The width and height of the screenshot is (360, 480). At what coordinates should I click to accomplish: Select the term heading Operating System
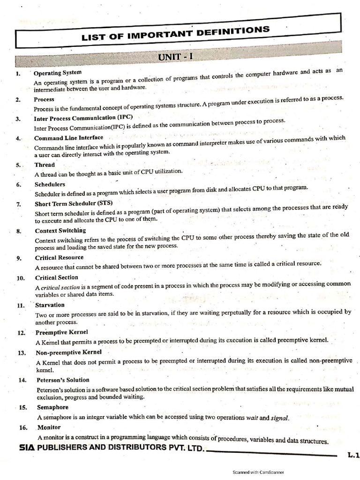(58, 73)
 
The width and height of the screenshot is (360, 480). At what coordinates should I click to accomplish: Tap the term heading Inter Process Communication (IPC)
(83, 118)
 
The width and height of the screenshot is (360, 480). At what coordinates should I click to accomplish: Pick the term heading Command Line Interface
(68, 138)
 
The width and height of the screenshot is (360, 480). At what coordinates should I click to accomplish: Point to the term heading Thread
(45, 165)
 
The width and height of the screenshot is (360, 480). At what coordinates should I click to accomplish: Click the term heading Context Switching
(60, 231)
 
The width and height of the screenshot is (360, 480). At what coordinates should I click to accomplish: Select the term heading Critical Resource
(59, 257)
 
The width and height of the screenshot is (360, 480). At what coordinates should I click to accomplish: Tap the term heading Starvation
(50, 305)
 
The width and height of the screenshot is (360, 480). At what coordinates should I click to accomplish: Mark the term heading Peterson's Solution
(62, 380)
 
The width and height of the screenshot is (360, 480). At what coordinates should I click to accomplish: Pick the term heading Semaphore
(52, 407)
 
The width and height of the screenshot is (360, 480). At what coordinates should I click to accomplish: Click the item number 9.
(18, 258)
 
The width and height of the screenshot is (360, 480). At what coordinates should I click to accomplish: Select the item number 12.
(21, 333)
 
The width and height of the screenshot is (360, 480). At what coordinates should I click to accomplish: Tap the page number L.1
(352, 455)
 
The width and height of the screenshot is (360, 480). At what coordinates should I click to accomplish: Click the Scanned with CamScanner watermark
(258, 472)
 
